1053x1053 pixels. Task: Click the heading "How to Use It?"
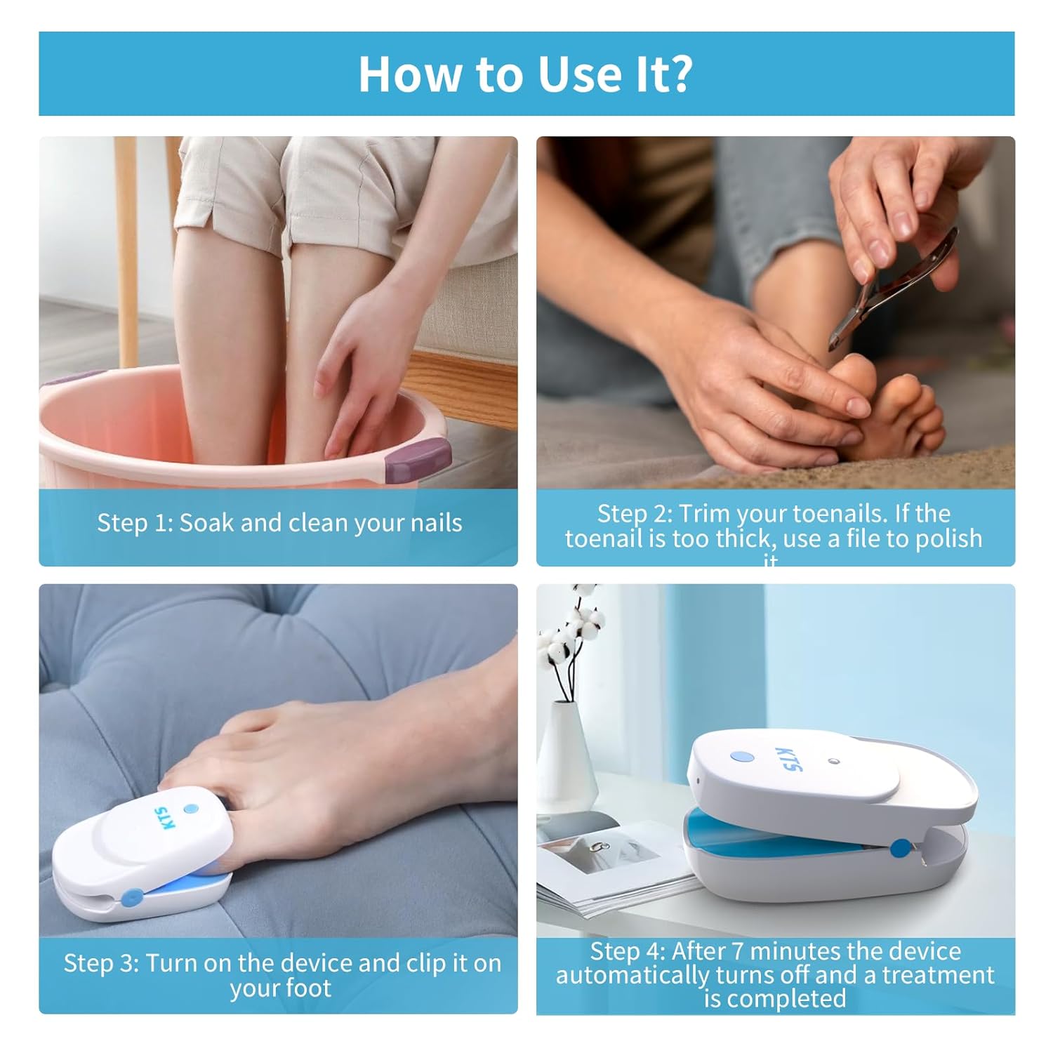[x=525, y=74]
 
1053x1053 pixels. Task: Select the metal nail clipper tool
[x=892, y=288]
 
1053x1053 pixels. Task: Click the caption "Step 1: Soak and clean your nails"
[x=279, y=523]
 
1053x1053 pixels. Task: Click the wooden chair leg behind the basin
[x=126, y=246]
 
